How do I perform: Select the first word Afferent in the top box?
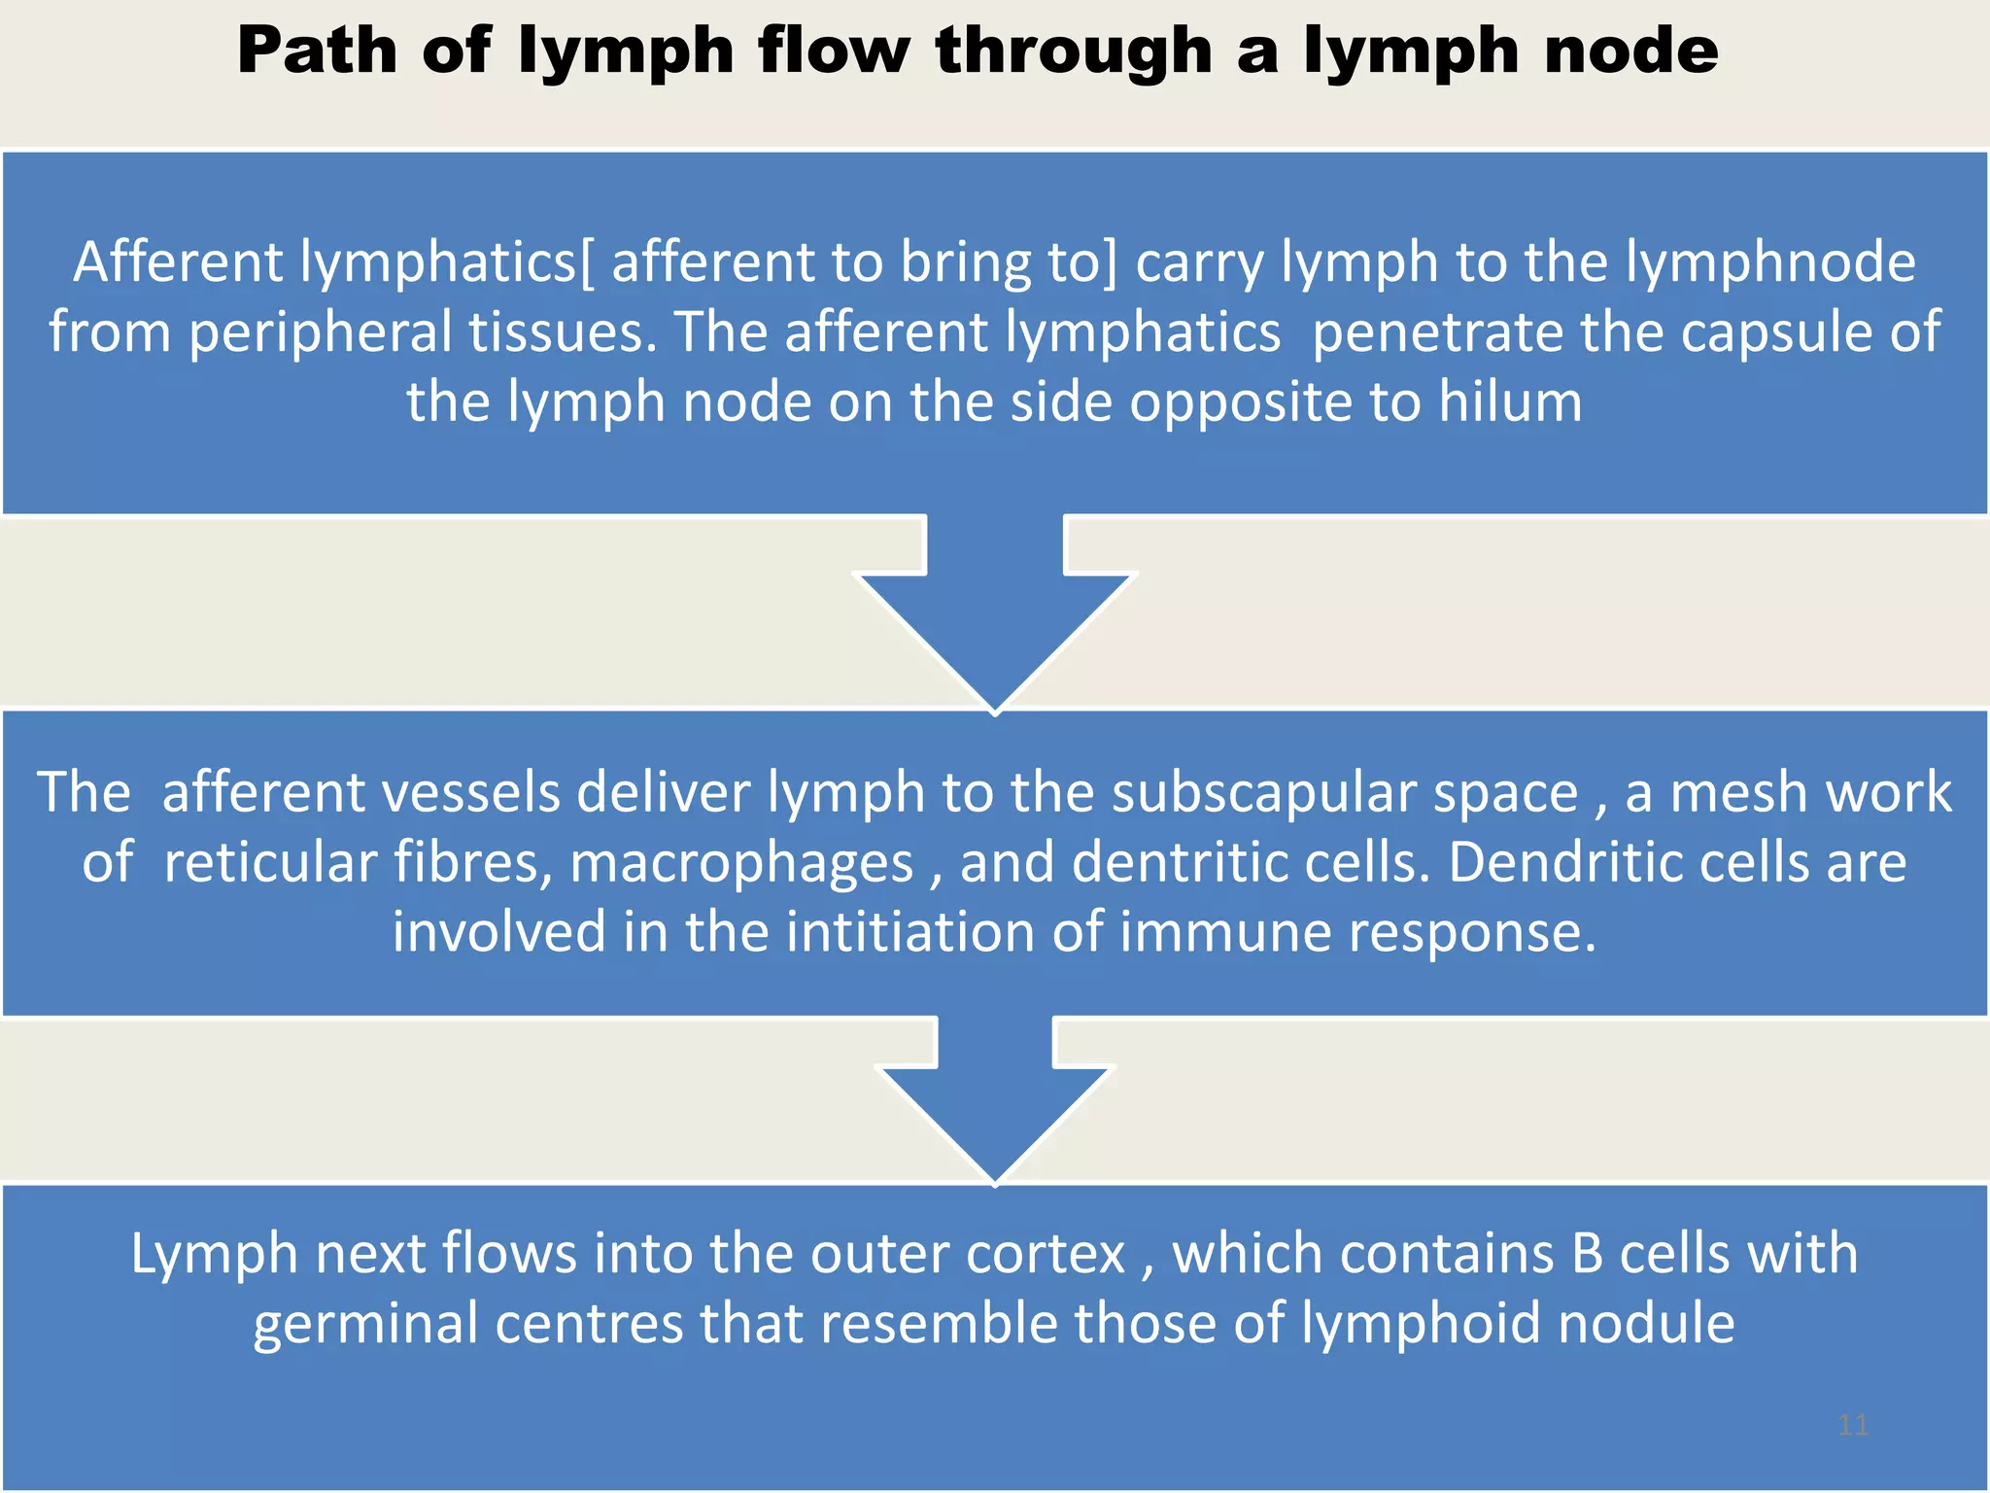[178, 262]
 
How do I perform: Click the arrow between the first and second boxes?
[995, 612]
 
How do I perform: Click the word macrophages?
[741, 864]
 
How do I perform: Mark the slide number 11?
[1853, 1426]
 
